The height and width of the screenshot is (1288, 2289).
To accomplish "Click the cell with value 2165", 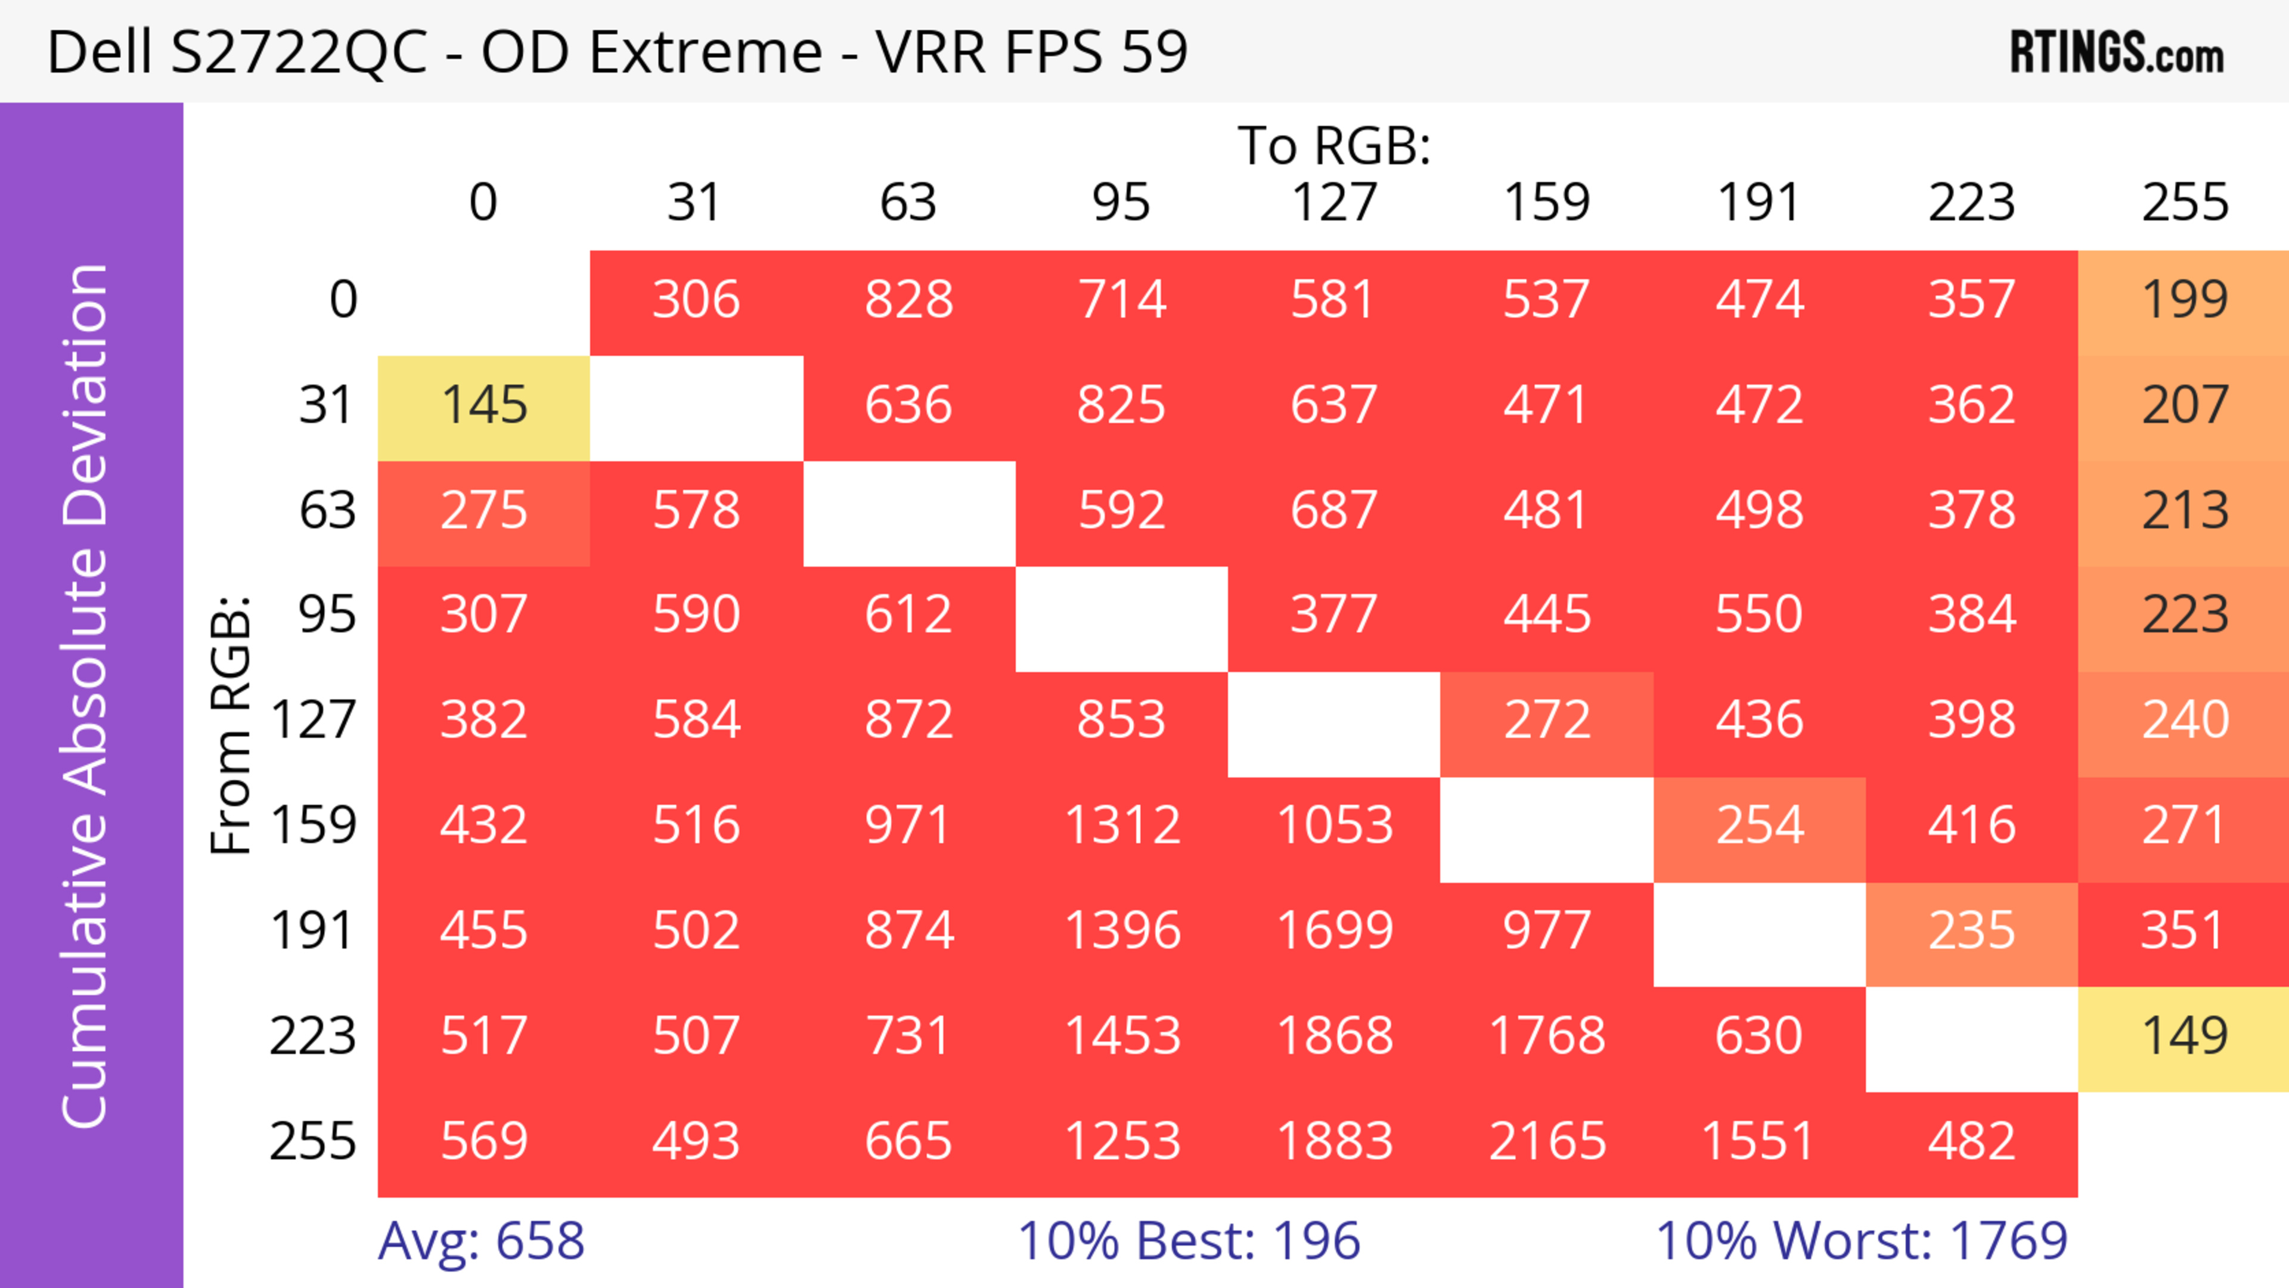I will [x=1546, y=1141].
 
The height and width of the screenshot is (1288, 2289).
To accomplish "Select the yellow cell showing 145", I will [x=484, y=405].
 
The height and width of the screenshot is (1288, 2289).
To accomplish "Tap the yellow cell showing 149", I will [x=2184, y=1036].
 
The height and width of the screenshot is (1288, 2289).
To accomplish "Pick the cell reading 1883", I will [x=1334, y=1141].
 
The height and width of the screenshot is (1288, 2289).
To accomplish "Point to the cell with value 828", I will [x=908, y=299].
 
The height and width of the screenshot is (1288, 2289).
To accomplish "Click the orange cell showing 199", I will [x=2184, y=299].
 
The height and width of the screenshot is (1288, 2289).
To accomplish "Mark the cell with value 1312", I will [x=1121, y=825].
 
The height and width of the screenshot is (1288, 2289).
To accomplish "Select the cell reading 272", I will [x=1546, y=719].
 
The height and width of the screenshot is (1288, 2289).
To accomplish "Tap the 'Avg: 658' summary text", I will [x=480, y=1240].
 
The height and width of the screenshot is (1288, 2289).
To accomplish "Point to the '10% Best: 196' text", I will [x=1188, y=1240].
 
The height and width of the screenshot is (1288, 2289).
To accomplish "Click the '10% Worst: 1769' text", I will [x=1862, y=1240].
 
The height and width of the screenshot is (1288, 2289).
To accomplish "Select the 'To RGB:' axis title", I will [x=1334, y=145].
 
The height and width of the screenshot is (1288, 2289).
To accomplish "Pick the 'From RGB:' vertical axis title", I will [x=231, y=724].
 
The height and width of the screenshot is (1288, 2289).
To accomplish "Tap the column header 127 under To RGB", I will [x=1334, y=203].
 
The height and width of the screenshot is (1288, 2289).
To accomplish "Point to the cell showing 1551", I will [x=1758, y=1141].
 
